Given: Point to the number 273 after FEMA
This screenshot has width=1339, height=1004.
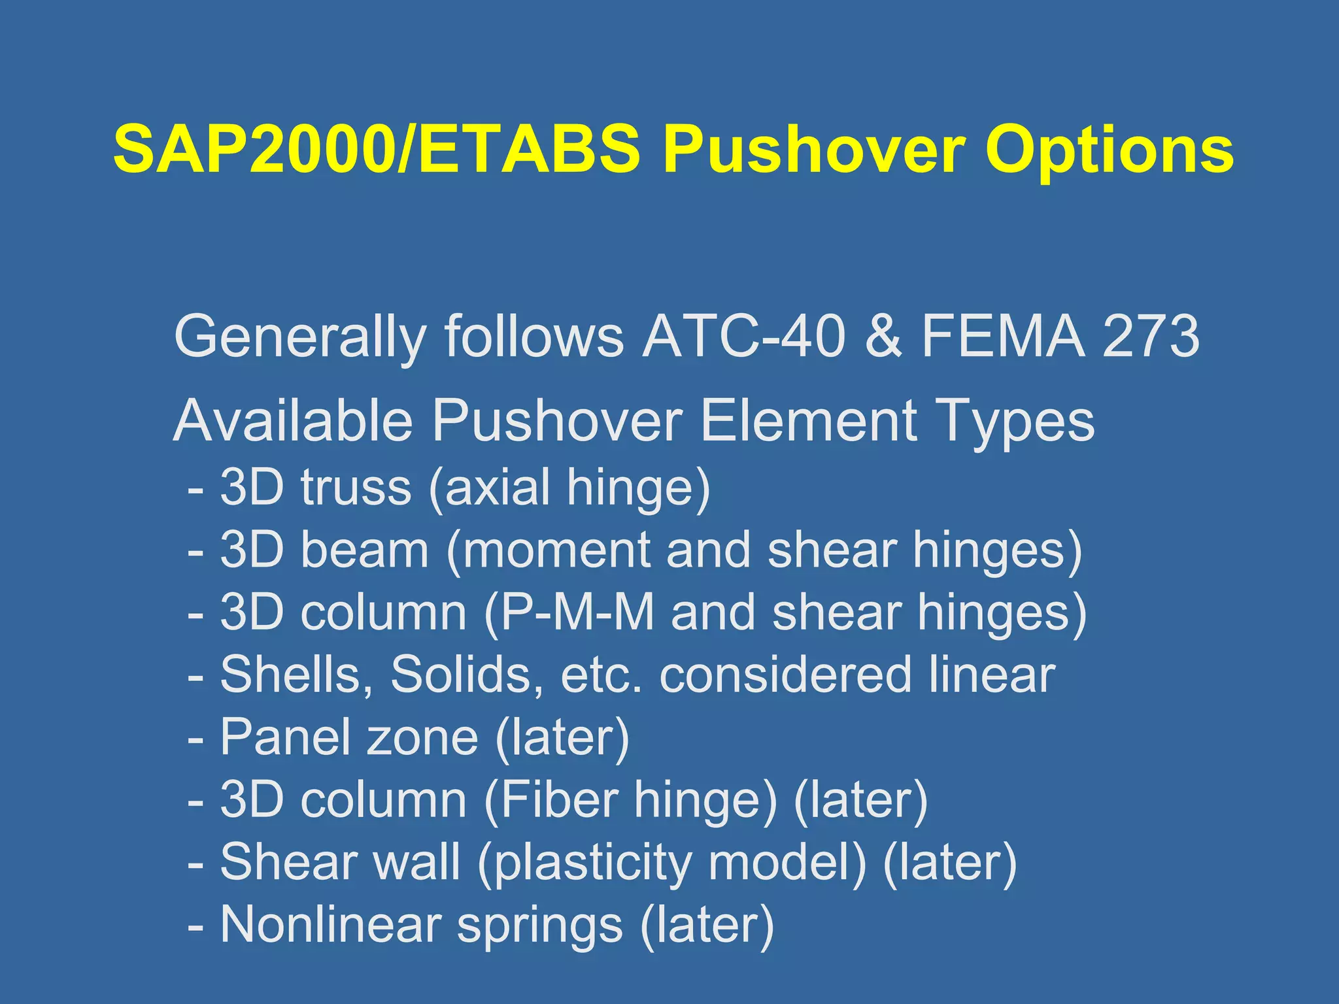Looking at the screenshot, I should click(x=1151, y=337).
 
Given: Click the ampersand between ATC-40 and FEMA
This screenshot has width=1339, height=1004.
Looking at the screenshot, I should click(x=883, y=337).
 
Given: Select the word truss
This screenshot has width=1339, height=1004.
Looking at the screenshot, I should click(x=356, y=487).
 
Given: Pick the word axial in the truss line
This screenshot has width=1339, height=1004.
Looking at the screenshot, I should click(x=498, y=487).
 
